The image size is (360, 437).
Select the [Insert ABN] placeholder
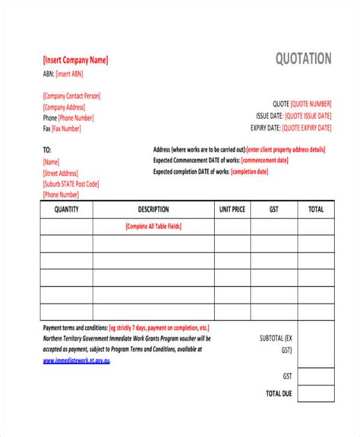pos(69,74)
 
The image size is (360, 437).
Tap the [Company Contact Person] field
pos(71,96)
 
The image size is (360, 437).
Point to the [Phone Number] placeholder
pos(77,118)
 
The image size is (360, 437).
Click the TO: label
pos(47,150)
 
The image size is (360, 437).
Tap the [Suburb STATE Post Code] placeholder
pos(71,184)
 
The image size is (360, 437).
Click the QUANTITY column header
pos(67,209)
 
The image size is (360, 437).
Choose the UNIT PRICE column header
pos(232,209)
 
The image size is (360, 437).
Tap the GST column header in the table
pos(273,209)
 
